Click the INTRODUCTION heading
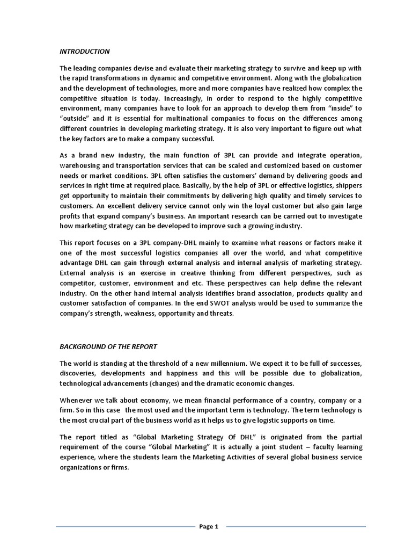click(x=84, y=52)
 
